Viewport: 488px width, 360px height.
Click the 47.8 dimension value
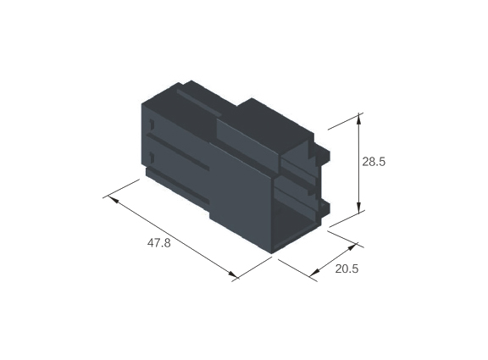pyautogui.click(x=158, y=243)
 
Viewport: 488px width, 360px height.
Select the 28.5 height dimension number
pyautogui.click(x=374, y=162)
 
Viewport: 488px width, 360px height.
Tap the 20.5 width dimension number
pyautogui.click(x=347, y=269)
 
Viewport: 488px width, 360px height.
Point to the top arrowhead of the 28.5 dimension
pyautogui.click(x=359, y=119)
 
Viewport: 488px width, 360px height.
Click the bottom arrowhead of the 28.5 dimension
pyautogui.click(x=359, y=208)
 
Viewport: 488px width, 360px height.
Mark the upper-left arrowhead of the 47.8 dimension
pyautogui.click(x=113, y=199)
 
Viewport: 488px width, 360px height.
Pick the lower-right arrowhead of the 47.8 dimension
pyautogui.click(x=232, y=274)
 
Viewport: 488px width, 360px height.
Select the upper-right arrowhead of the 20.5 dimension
pyautogui.click(x=352, y=247)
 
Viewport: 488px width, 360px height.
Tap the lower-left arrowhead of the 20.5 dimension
pyautogui.click(x=315, y=272)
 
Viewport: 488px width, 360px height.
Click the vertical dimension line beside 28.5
pyautogui.click(x=359, y=163)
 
